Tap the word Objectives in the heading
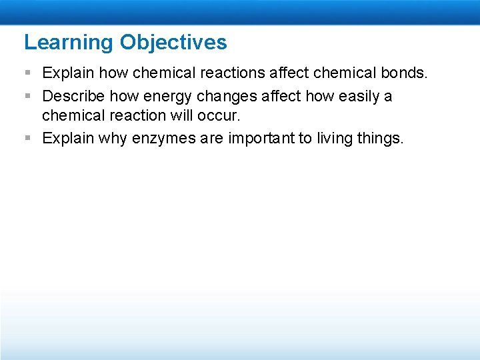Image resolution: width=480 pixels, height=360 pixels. pos(173,43)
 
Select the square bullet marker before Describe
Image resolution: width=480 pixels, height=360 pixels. pos(27,97)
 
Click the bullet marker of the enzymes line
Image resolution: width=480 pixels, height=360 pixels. pos(27,139)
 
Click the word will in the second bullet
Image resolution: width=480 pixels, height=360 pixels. pos(175,115)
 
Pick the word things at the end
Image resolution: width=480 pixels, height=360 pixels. pos(381,138)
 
